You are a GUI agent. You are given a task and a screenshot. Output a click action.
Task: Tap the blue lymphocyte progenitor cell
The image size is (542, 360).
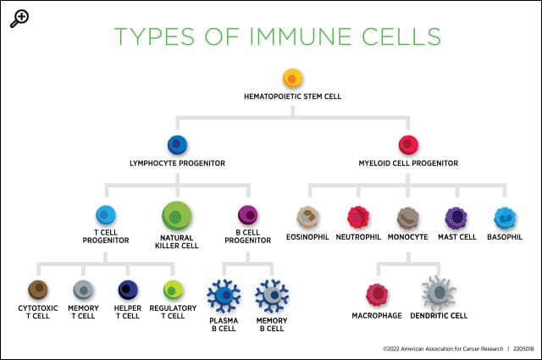(177, 145)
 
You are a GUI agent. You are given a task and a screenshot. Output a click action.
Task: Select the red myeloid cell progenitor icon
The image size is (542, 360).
(408, 145)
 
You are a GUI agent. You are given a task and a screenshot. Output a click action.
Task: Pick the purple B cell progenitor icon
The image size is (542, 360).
(247, 215)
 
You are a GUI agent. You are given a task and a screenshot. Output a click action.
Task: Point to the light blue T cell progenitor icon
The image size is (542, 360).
(107, 215)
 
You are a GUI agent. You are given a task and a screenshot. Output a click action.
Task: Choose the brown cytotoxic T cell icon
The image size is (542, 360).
(37, 290)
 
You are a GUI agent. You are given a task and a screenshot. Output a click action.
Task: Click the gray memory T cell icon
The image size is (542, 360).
(83, 290)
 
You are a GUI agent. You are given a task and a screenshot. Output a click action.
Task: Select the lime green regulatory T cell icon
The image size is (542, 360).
(173, 290)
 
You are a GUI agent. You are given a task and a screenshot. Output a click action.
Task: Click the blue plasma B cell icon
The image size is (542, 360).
(224, 295)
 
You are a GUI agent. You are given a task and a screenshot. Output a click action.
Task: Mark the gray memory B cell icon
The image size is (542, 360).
(271, 295)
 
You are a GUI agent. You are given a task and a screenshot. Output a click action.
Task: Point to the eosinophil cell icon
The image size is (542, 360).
(308, 218)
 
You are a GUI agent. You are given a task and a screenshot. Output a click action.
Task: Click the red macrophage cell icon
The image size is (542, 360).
(377, 294)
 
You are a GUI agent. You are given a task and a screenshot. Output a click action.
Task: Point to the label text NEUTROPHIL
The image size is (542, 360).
(359, 236)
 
